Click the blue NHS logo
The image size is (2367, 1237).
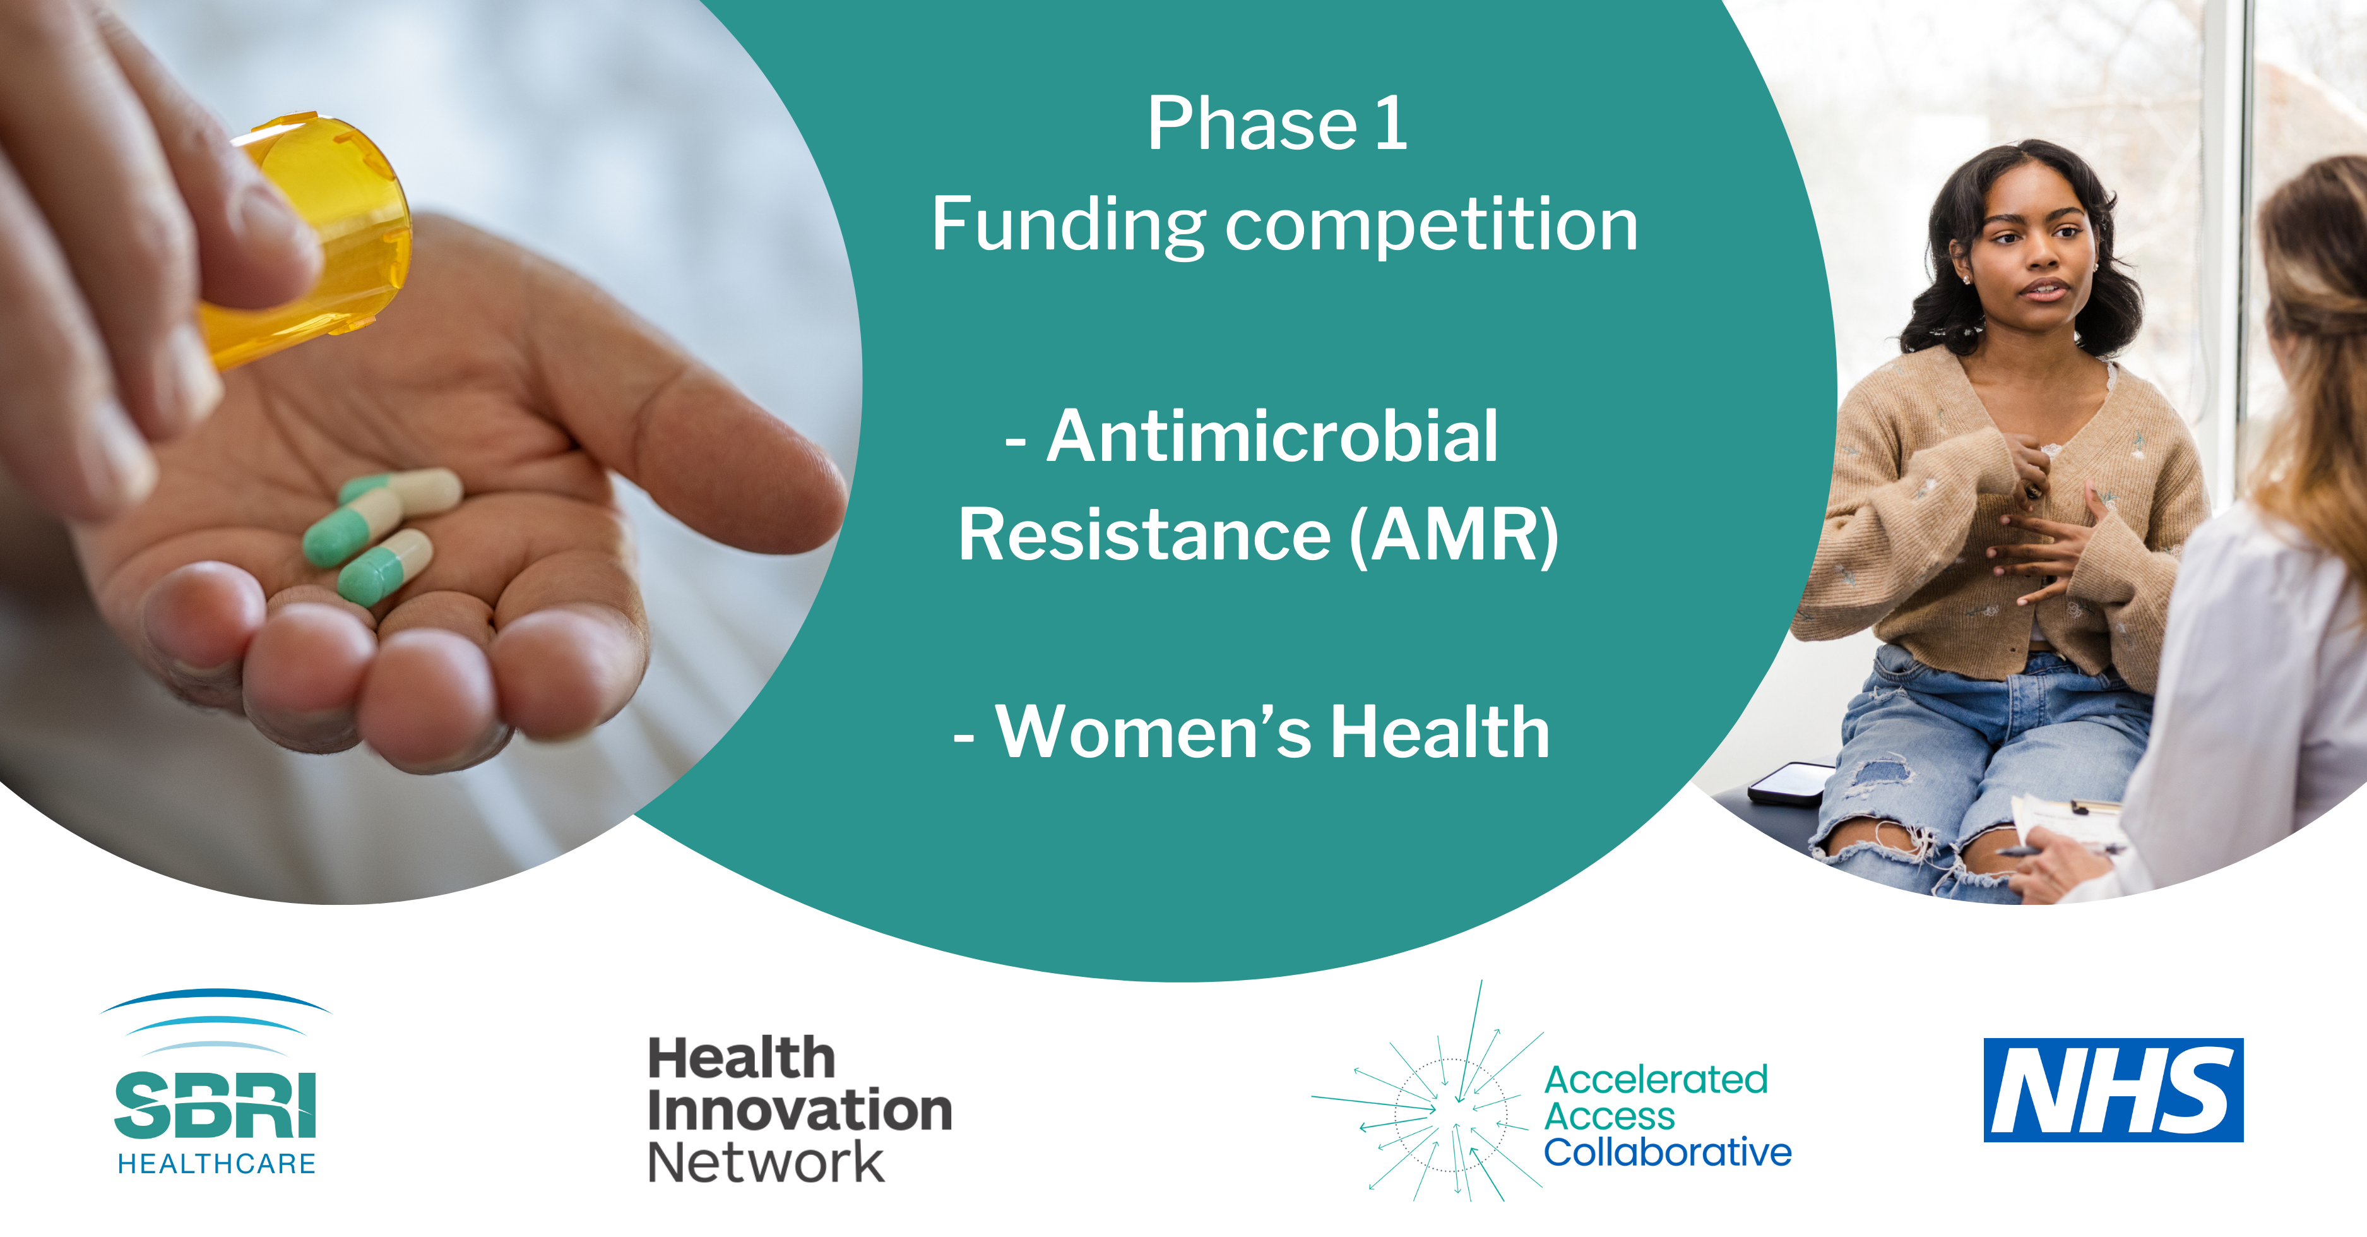pos(2113,1090)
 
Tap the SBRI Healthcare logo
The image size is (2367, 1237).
pos(215,1082)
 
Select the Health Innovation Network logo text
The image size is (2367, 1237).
pos(799,1109)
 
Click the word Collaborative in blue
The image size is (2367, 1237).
pos(1667,1152)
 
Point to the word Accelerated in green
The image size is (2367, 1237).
pos(1656,1080)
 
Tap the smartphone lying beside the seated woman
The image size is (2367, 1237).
pos(1790,783)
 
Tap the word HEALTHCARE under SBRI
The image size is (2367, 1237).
pos(217,1164)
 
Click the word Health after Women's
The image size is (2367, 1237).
pos(1440,732)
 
